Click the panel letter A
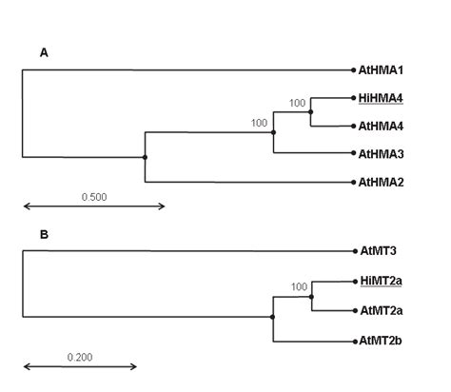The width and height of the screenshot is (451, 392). coord(43,53)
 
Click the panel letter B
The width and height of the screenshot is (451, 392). coord(43,233)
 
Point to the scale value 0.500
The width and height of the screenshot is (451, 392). coord(94,197)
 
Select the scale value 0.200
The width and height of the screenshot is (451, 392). coord(80,357)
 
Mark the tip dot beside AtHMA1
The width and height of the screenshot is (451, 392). coord(354,69)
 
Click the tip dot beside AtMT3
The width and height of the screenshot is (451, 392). coord(354,251)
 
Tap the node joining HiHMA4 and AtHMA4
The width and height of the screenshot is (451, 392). coord(311,111)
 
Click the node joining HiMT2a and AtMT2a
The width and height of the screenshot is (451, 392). coord(311,295)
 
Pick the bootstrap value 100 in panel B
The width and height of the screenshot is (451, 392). coord(298,286)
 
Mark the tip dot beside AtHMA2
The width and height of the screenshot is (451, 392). coord(354,182)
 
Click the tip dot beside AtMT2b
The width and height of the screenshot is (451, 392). coord(354,340)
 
